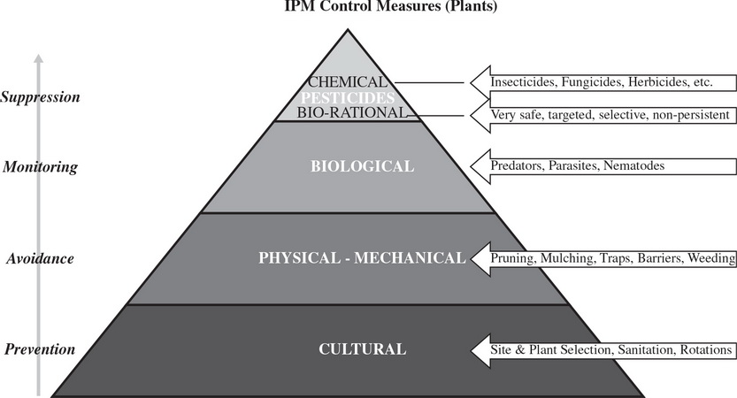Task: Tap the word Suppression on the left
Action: click(x=41, y=96)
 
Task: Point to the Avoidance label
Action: click(x=39, y=258)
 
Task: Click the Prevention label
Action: click(x=39, y=349)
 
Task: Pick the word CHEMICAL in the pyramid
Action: click(x=348, y=82)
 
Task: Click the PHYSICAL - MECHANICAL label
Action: click(x=361, y=258)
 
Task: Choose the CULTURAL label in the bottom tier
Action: click(x=362, y=349)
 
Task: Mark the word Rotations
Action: click(x=705, y=349)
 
